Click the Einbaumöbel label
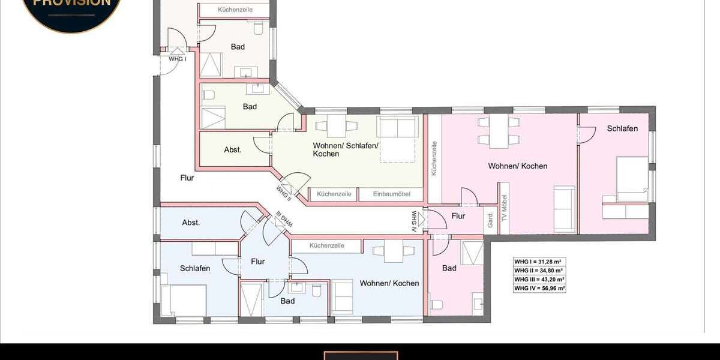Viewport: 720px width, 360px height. click(391, 194)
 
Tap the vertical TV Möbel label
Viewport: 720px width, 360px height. click(505, 207)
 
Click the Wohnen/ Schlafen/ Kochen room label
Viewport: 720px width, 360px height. click(345, 149)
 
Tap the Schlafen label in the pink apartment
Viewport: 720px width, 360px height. click(622, 128)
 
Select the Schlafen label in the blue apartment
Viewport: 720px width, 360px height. click(195, 268)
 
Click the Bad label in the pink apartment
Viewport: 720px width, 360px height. click(449, 268)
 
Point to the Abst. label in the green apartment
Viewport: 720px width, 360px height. click(233, 149)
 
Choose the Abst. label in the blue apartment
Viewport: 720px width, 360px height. click(191, 223)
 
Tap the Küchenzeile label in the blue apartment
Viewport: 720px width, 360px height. click(326, 246)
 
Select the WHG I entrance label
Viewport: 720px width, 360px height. click(177, 59)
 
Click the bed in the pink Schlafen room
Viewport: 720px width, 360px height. click(632, 179)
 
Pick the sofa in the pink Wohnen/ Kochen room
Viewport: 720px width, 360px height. click(564, 209)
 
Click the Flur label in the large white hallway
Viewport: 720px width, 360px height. click(187, 178)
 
